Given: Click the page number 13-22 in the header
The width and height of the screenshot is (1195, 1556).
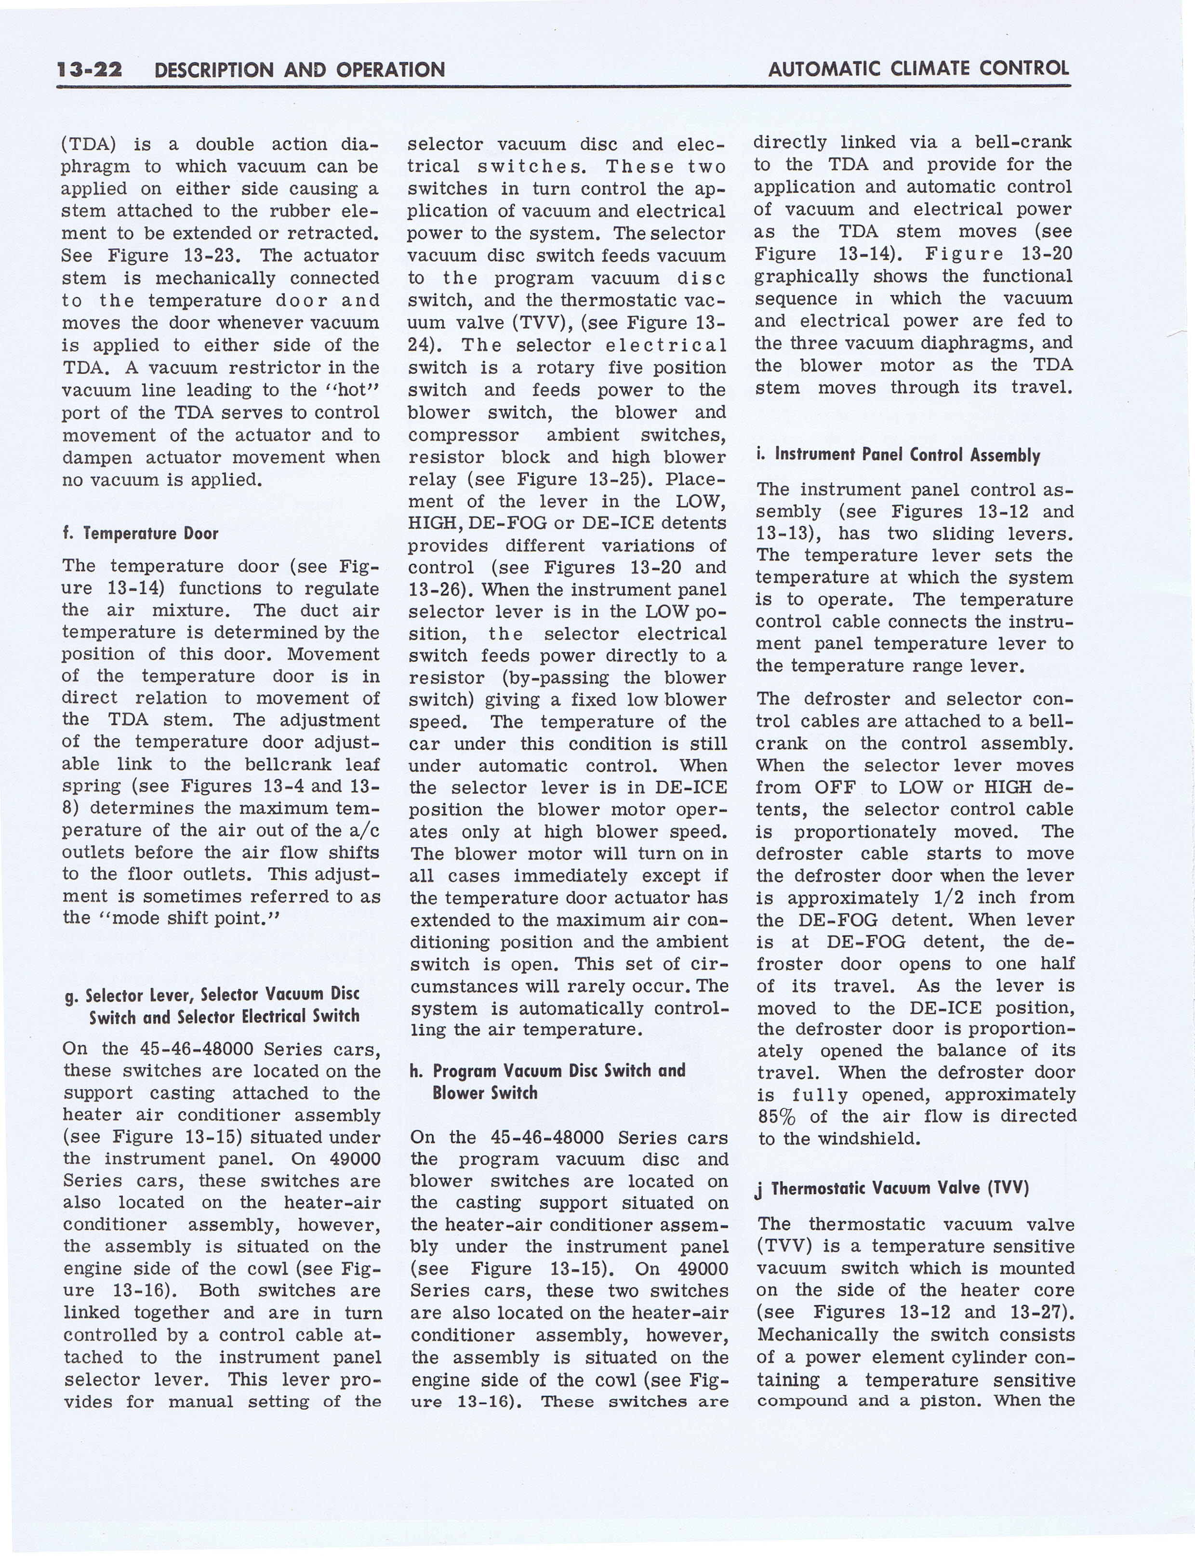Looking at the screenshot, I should tap(90, 69).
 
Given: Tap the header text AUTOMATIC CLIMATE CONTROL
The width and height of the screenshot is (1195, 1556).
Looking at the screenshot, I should tap(918, 68).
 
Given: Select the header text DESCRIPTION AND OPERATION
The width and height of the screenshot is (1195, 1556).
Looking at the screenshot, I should tap(299, 70).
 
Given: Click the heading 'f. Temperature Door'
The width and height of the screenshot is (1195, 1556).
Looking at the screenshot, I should tap(140, 533).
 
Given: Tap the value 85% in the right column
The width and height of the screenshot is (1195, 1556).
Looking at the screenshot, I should tap(782, 1117).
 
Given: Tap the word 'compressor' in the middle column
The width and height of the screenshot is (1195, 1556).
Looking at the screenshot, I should tap(463, 435).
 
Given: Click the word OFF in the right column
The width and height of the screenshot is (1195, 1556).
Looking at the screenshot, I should tap(835, 787).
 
